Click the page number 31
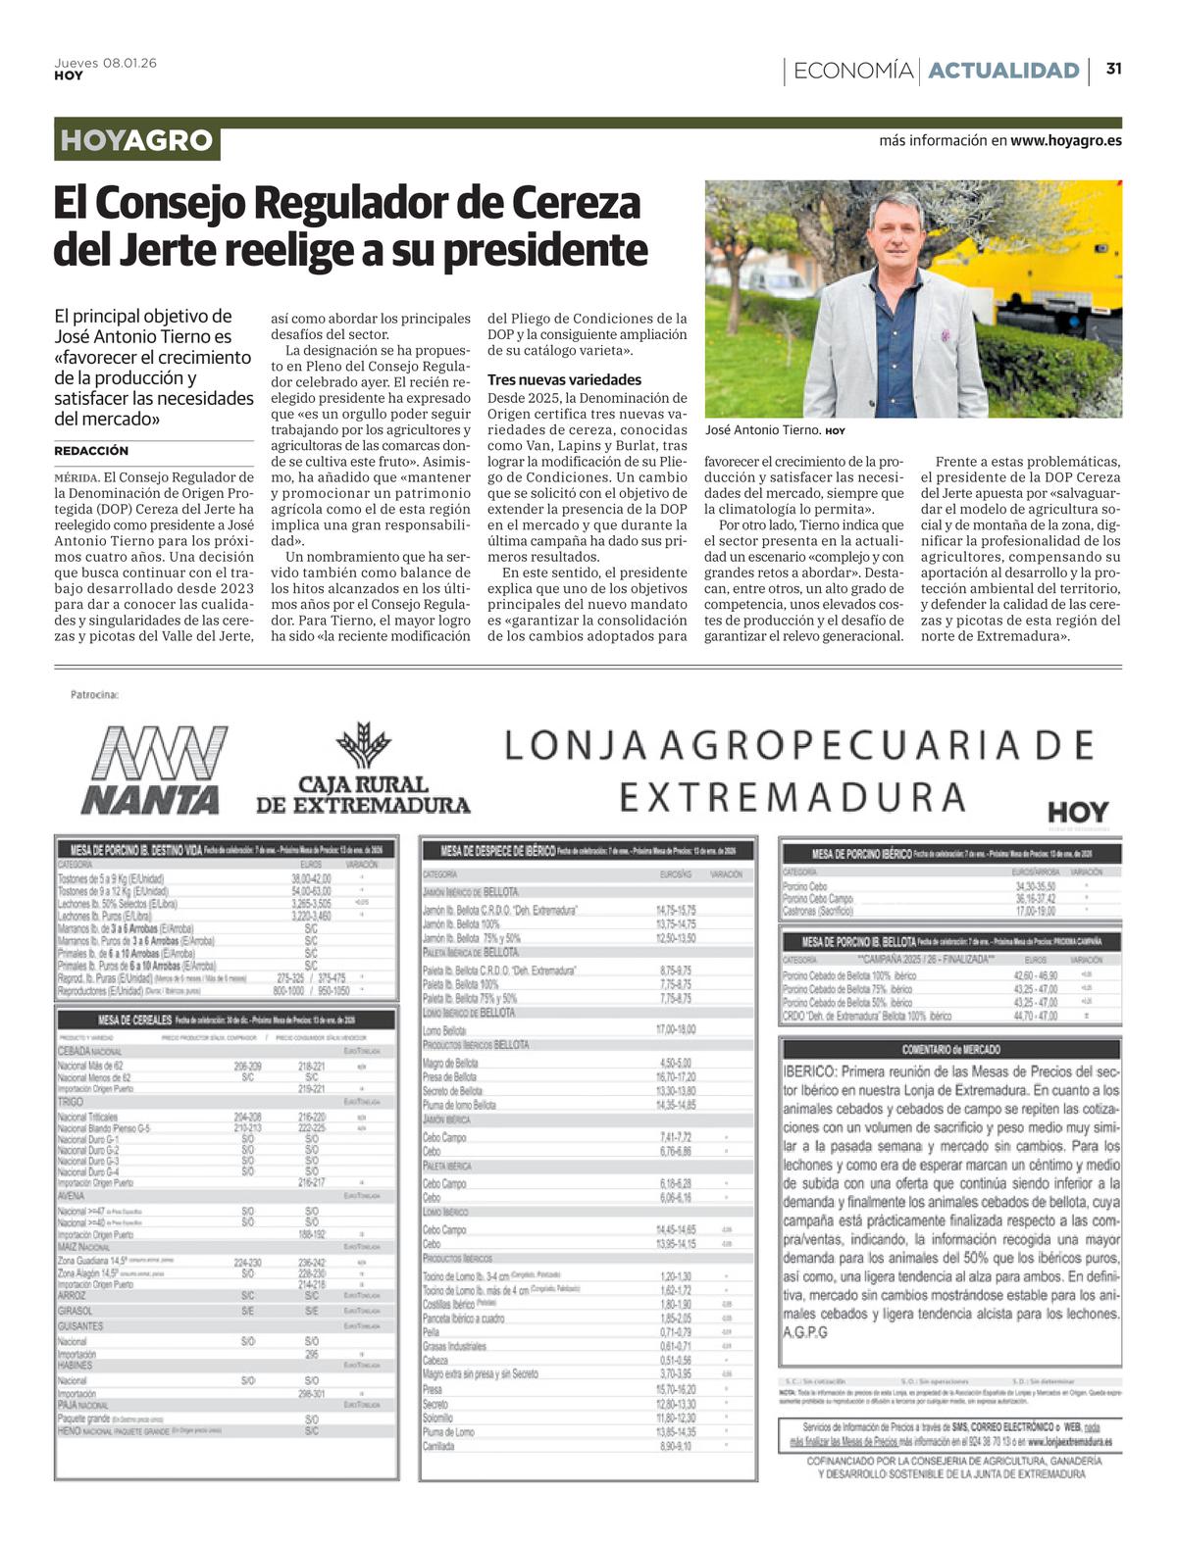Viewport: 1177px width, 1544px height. click(x=1113, y=69)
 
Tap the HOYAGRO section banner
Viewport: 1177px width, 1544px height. click(x=136, y=141)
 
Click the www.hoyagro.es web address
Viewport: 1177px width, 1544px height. click(x=1065, y=140)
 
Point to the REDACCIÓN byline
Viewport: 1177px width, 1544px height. click(x=91, y=451)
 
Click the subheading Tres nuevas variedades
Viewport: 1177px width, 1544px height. click(x=564, y=379)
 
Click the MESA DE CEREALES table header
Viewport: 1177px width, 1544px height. click(x=137, y=1021)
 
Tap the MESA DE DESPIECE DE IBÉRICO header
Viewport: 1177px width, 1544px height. click(x=498, y=851)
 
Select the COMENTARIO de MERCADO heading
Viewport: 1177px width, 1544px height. click(x=949, y=1050)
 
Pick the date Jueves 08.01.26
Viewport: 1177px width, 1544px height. click(x=105, y=63)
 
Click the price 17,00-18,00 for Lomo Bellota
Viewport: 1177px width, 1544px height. click(x=675, y=1030)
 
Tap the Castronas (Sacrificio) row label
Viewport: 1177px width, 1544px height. click(x=818, y=911)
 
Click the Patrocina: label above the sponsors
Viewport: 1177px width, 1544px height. click(x=94, y=695)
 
